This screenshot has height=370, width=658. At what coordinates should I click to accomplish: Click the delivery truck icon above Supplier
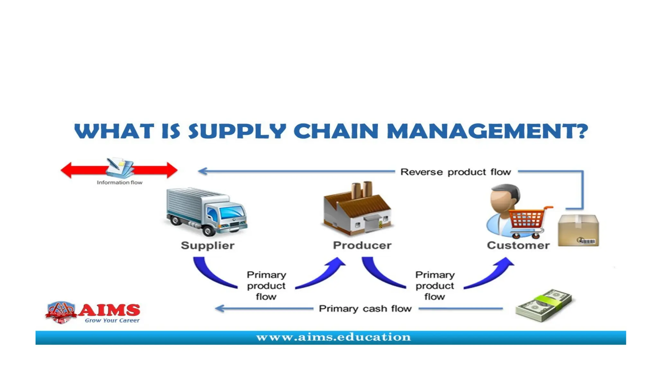click(207, 211)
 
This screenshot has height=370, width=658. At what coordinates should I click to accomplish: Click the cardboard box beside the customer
click(578, 230)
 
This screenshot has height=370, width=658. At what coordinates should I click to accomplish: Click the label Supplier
click(208, 245)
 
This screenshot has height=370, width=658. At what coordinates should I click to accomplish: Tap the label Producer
click(362, 245)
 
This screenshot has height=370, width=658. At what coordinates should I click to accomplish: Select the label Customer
click(518, 245)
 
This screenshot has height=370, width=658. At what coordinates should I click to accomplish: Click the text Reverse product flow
click(455, 172)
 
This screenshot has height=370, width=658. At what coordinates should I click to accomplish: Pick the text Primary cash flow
click(365, 309)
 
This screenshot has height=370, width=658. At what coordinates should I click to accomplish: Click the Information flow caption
click(120, 182)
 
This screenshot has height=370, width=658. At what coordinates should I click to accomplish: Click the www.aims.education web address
click(333, 337)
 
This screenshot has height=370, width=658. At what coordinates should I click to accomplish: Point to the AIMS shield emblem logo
click(61, 312)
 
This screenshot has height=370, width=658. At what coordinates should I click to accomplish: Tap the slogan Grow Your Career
click(112, 321)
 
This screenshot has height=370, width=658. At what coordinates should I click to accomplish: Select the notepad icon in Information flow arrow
click(120, 167)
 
